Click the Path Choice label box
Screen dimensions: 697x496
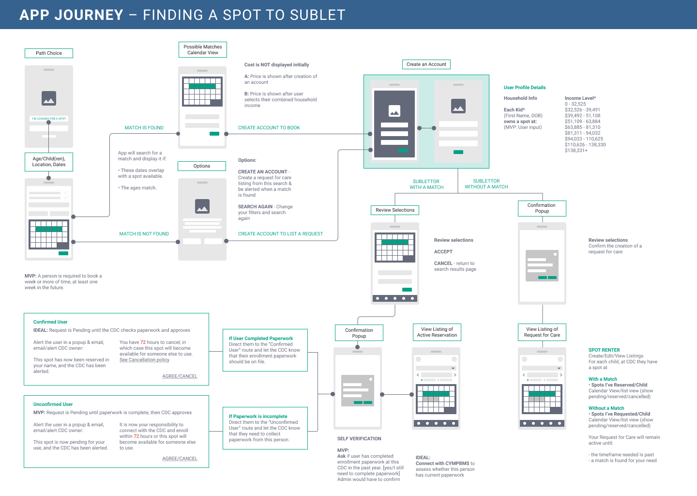click(49, 53)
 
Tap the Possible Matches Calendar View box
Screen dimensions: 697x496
click(202, 49)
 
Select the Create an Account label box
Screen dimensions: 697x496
click(426, 64)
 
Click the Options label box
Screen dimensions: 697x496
click(202, 166)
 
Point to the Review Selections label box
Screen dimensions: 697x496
click(395, 210)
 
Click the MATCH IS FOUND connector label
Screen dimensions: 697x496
click(144, 128)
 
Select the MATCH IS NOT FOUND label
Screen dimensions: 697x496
click(144, 234)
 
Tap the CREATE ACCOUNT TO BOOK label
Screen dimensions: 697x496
click(269, 128)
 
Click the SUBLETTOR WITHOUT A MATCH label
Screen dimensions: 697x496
click(486, 184)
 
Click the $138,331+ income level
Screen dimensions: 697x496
click(576, 150)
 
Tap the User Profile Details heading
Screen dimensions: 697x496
click(525, 88)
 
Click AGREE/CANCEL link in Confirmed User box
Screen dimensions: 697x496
click(180, 376)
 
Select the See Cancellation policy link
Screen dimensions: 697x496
click(144, 359)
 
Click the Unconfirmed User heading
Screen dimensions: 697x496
click(53, 404)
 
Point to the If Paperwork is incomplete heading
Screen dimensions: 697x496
click(258, 416)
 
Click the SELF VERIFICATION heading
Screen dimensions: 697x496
click(359, 439)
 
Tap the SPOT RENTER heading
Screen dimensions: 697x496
click(604, 350)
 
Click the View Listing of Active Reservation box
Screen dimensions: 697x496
click(437, 332)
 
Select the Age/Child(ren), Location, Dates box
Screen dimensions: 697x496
click(49, 162)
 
